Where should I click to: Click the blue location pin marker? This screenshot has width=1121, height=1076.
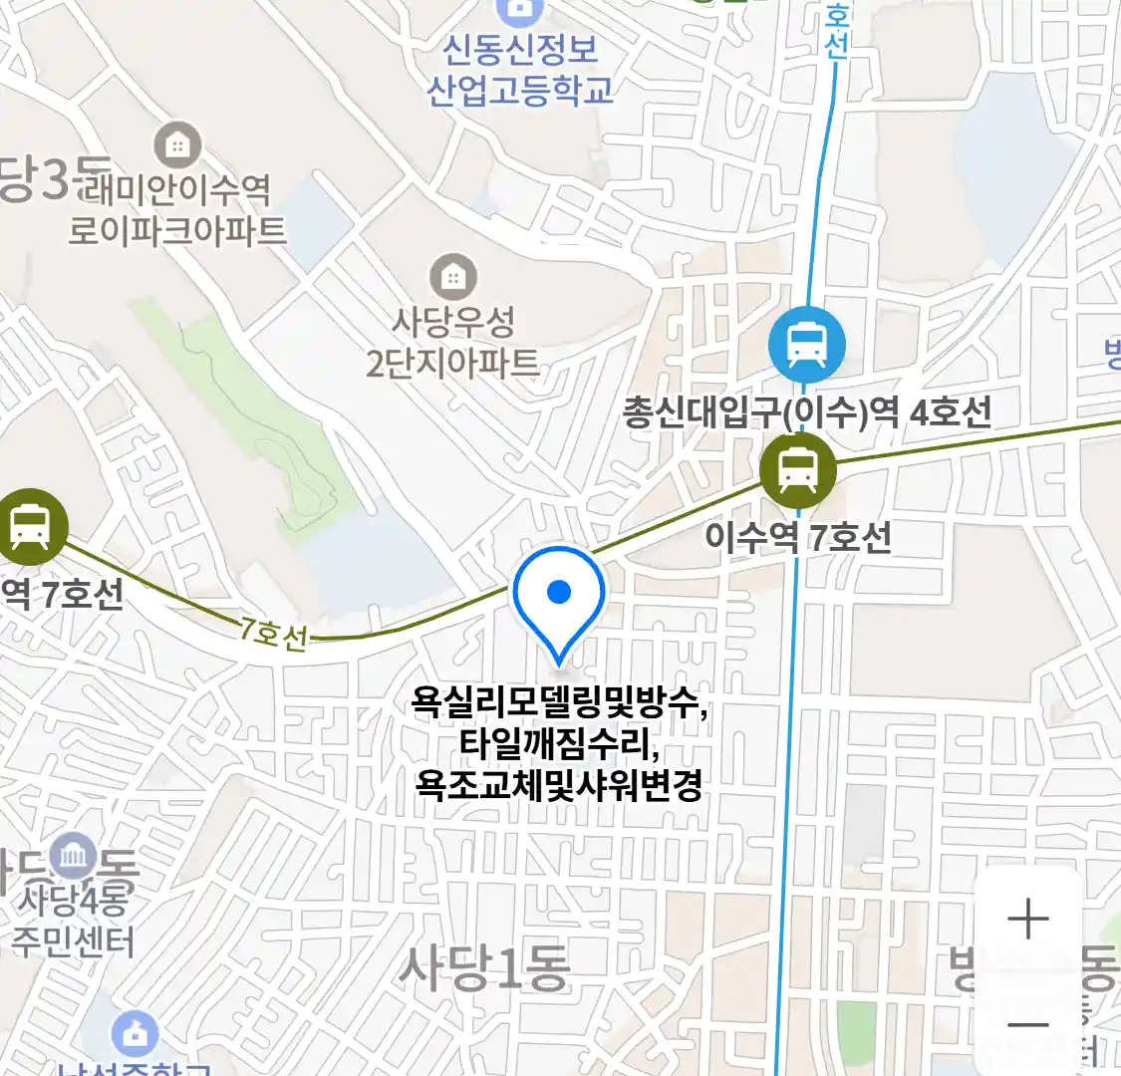coord(559,595)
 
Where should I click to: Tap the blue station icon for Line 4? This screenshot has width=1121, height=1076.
coord(806,345)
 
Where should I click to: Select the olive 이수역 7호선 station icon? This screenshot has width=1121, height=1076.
coord(797,469)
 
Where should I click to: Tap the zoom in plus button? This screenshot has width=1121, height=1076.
coord(1027,919)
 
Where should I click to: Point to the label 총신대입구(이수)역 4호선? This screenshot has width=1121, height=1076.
coord(807,411)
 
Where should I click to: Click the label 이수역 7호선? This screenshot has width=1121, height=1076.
coord(798,537)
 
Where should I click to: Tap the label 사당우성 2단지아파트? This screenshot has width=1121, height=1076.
coord(452,342)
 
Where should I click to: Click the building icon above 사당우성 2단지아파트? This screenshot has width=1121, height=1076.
coord(453,276)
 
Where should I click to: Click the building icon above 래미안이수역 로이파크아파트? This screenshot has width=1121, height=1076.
coord(177,146)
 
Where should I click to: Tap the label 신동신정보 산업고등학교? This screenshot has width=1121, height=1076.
coord(520,70)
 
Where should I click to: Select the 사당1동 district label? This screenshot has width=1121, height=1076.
coord(484,966)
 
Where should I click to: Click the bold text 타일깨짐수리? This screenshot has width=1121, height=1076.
coord(559,745)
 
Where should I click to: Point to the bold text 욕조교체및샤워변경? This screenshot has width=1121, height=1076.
coord(559,785)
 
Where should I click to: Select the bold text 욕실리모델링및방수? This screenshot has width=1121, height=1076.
coord(559,704)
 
